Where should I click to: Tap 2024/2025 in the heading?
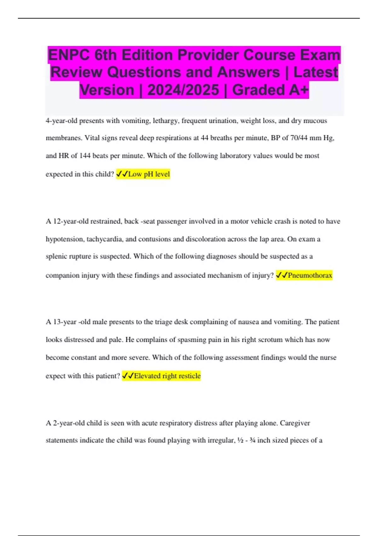tap(183, 90)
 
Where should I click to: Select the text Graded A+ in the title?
tap(270, 90)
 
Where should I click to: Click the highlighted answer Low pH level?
tap(149, 174)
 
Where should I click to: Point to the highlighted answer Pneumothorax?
tap(310, 275)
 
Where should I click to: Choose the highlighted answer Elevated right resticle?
tap(167, 376)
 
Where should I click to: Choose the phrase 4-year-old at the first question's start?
tap(61, 121)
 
